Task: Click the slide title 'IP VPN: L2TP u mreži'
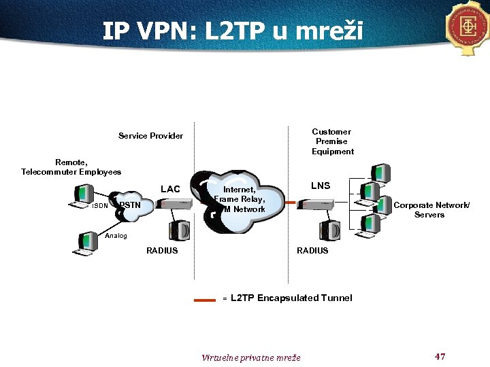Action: [233, 31]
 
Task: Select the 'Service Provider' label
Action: [150, 136]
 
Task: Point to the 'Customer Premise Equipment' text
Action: [332, 141]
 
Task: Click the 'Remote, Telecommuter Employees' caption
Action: [71, 167]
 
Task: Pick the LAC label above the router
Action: [170, 189]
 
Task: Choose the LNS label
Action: [321, 186]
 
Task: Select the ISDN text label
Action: [99, 206]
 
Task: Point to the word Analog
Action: [116, 236]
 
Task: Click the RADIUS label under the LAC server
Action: [162, 251]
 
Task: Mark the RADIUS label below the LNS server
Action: [312, 251]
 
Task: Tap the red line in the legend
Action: [204, 298]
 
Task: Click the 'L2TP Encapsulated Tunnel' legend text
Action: [291, 298]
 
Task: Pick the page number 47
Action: [440, 357]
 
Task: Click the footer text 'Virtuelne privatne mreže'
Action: [251, 357]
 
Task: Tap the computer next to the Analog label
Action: [87, 244]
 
